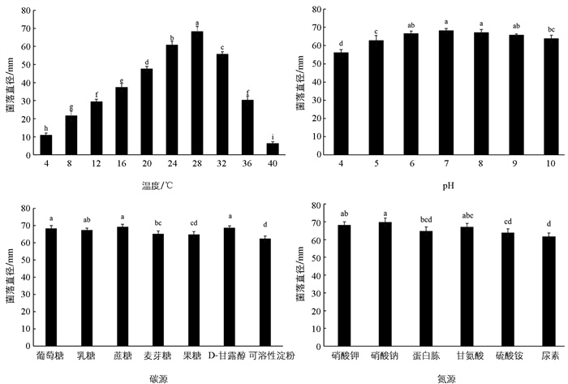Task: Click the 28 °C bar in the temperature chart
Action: click(x=196, y=94)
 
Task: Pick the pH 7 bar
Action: click(x=446, y=93)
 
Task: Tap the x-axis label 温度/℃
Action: click(x=158, y=183)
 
